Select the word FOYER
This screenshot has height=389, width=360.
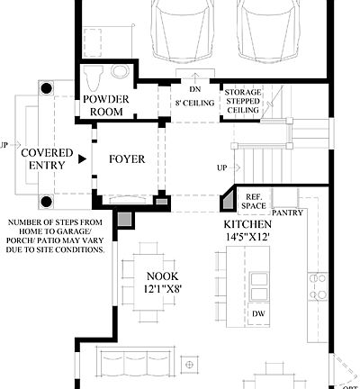pos(127,159)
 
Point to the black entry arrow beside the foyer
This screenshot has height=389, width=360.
pos(83,159)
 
